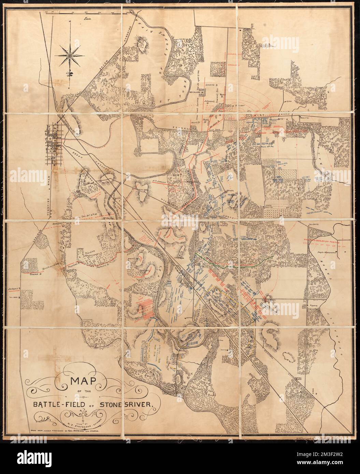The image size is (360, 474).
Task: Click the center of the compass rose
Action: pos(70,54)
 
